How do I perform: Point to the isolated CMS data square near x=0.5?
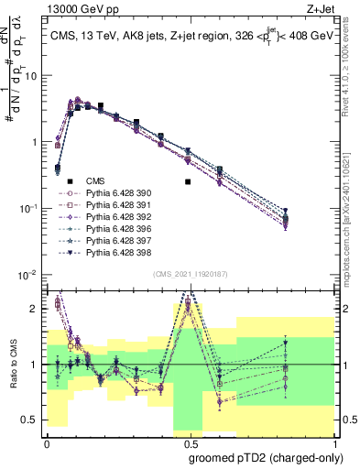(x=188, y=181)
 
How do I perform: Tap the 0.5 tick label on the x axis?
(x=188, y=442)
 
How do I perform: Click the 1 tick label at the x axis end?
(x=330, y=442)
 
